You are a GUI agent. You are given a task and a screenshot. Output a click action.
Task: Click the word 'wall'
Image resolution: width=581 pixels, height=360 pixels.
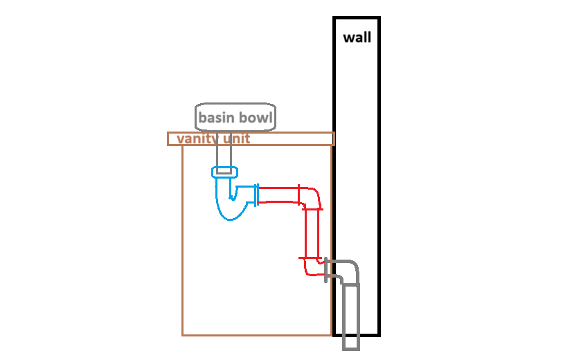[357, 37]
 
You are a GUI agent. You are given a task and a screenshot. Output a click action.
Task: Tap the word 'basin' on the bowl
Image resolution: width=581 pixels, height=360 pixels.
[215, 118]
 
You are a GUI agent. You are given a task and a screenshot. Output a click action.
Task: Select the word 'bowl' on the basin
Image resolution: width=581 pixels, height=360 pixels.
[255, 118]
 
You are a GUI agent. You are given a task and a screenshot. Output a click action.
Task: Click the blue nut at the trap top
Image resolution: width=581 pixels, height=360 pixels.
[224, 172]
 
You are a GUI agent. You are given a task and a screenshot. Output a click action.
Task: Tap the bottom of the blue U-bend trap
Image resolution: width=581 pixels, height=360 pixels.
[231, 219]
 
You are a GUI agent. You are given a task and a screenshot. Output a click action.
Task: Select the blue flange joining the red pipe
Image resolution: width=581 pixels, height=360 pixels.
[256, 195]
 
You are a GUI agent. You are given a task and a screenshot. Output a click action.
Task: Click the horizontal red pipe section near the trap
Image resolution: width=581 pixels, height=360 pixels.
[278, 195]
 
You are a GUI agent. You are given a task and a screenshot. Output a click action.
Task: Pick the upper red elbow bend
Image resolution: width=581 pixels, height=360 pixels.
[312, 197]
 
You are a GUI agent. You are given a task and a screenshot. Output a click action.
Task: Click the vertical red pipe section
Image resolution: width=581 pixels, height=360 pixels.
[312, 233]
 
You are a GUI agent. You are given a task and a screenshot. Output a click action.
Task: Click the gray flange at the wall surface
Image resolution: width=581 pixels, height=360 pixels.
[325, 269]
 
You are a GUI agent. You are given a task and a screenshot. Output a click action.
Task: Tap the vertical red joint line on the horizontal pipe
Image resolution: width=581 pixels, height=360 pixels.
[298, 195]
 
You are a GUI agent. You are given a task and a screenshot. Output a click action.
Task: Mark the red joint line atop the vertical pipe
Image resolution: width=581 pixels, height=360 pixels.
[312, 209]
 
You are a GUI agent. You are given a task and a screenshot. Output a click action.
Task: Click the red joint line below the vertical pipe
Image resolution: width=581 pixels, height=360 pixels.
[310, 258]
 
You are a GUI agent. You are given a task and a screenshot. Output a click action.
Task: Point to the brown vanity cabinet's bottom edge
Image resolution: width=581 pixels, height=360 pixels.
[257, 336]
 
